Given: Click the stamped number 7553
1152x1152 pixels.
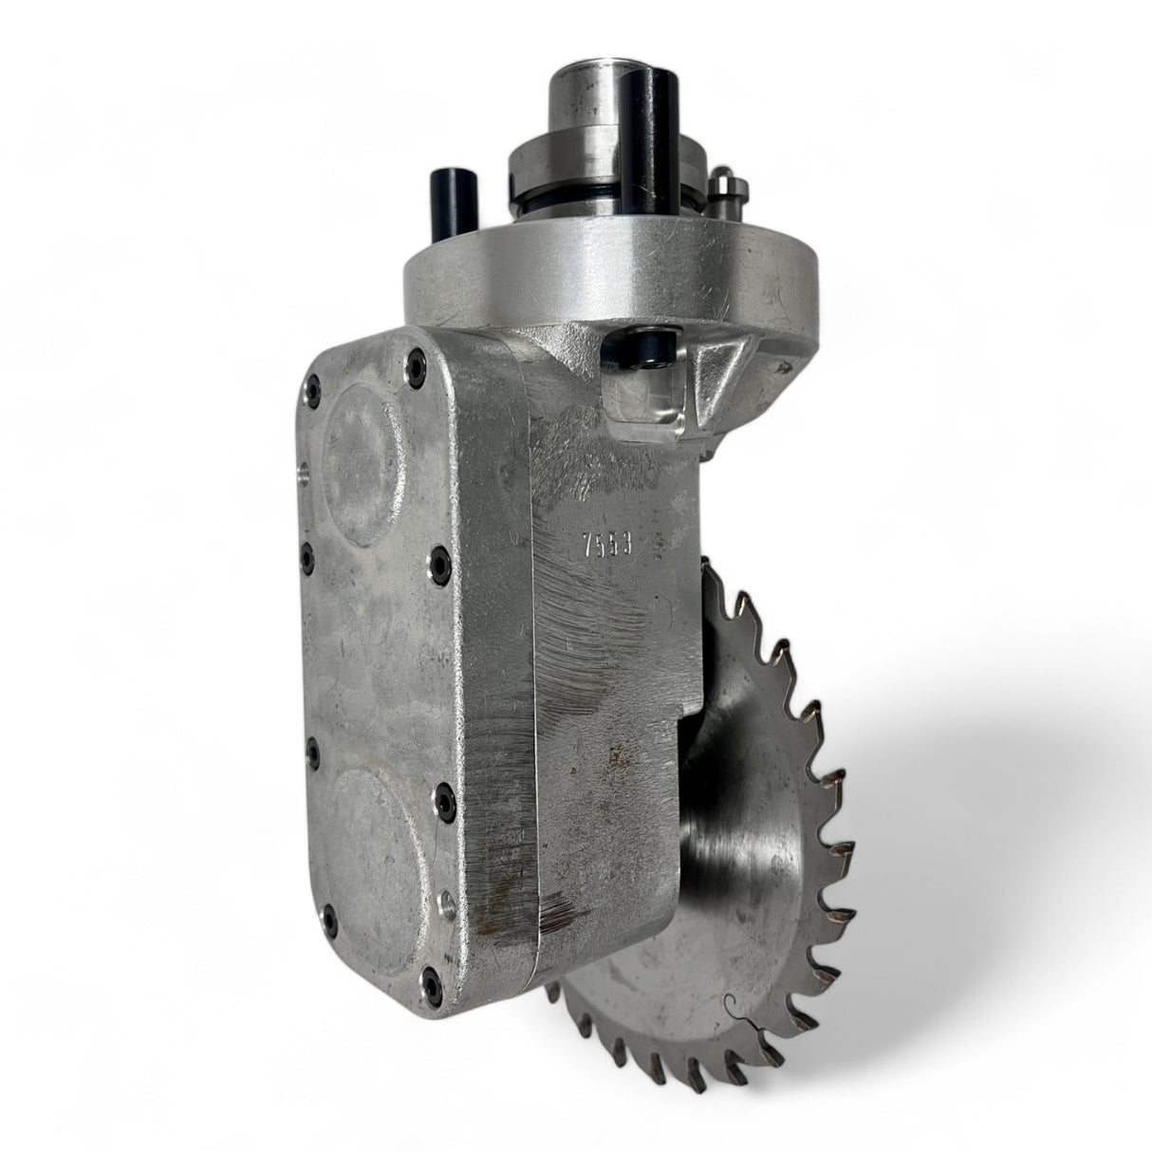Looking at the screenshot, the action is coord(608,546).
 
